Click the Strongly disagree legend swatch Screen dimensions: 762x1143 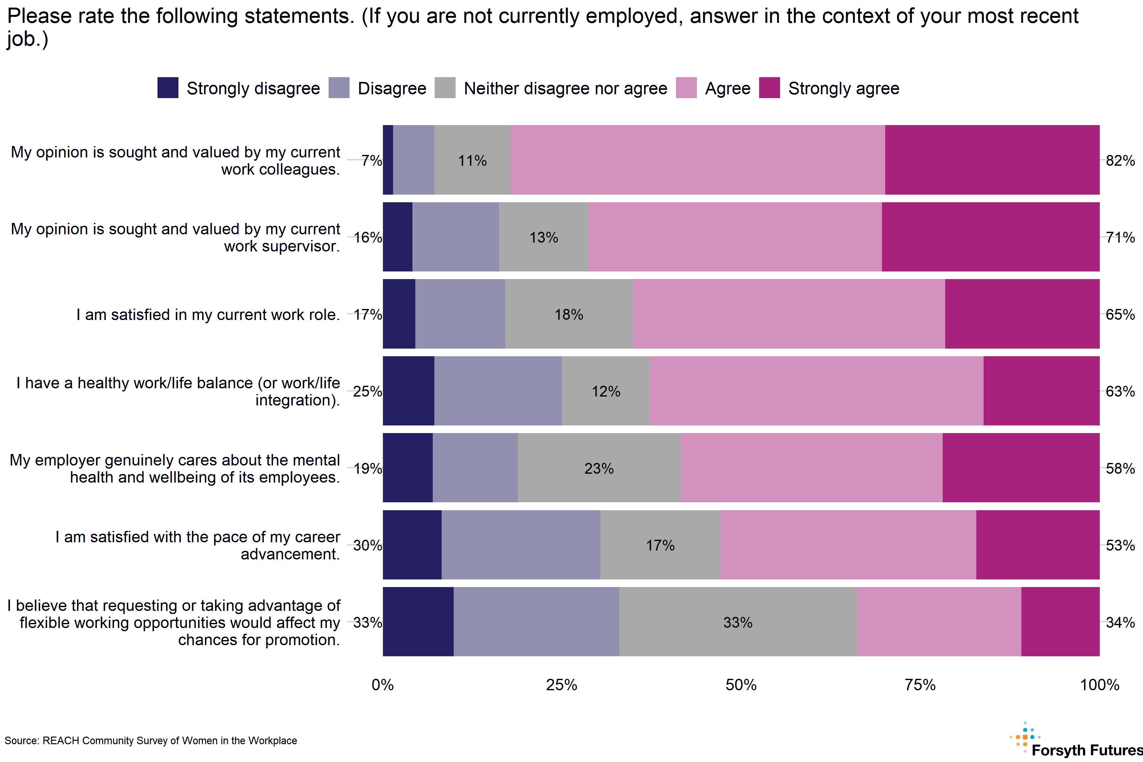click(x=168, y=88)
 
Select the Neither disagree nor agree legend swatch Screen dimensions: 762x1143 click(x=445, y=88)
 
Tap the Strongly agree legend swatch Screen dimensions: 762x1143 click(x=769, y=88)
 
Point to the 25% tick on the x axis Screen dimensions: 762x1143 click(x=562, y=685)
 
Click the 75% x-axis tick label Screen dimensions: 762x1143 click(x=920, y=685)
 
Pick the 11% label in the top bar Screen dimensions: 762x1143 click(x=472, y=160)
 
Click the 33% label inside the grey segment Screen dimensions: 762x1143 click(x=738, y=623)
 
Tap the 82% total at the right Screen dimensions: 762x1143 click(x=1120, y=160)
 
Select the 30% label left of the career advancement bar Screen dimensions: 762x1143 click(x=367, y=545)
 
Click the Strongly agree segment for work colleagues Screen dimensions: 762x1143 click(x=992, y=160)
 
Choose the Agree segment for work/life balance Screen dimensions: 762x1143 click(x=816, y=391)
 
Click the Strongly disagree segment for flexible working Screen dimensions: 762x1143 click(x=418, y=622)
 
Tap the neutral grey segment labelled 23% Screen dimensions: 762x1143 click(x=599, y=468)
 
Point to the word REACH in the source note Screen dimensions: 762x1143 click(x=61, y=741)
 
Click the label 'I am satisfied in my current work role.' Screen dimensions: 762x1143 click(x=208, y=314)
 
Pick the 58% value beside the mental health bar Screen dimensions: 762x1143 click(x=1120, y=469)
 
